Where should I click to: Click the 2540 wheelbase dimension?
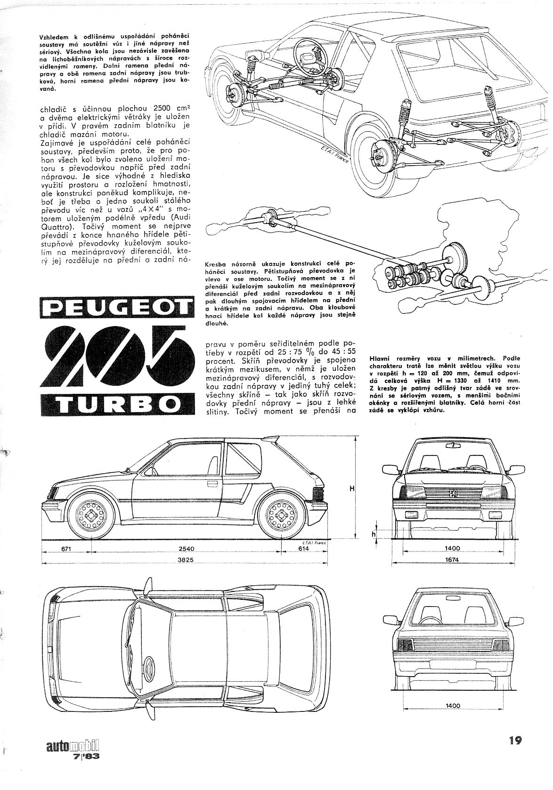click(187, 549)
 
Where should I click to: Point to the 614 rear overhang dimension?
click(303, 549)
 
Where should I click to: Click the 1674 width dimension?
click(453, 560)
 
